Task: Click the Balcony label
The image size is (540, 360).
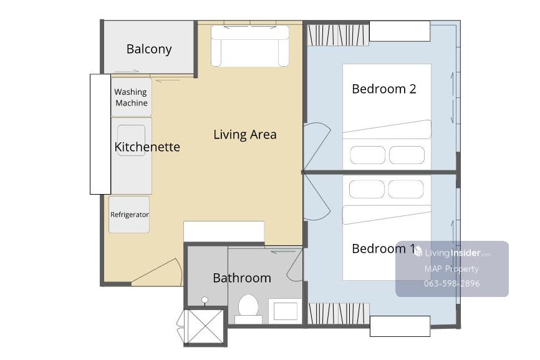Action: click(x=149, y=49)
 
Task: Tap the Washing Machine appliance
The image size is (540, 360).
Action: click(x=131, y=97)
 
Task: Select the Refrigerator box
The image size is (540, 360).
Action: click(x=129, y=214)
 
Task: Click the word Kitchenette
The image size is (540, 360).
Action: click(x=147, y=147)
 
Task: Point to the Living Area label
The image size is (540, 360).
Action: click(x=245, y=134)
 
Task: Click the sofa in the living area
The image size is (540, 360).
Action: click(x=250, y=46)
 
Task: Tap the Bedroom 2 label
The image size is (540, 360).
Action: click(x=384, y=89)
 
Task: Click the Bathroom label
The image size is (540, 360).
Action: click(x=242, y=278)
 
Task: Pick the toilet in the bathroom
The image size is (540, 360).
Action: click(x=248, y=308)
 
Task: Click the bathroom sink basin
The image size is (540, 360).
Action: click(x=285, y=311)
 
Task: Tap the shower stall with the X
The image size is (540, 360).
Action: click(x=205, y=326)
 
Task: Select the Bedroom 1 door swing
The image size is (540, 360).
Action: click(x=317, y=197)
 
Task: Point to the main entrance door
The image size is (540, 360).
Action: click(x=157, y=272)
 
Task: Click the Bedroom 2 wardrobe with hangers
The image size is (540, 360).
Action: click(x=338, y=35)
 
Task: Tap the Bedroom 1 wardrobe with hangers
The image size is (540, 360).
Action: click(x=338, y=313)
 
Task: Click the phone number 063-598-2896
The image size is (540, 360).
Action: click(x=452, y=283)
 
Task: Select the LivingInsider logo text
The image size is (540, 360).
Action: click(x=452, y=253)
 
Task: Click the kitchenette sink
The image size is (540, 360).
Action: click(x=131, y=140)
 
